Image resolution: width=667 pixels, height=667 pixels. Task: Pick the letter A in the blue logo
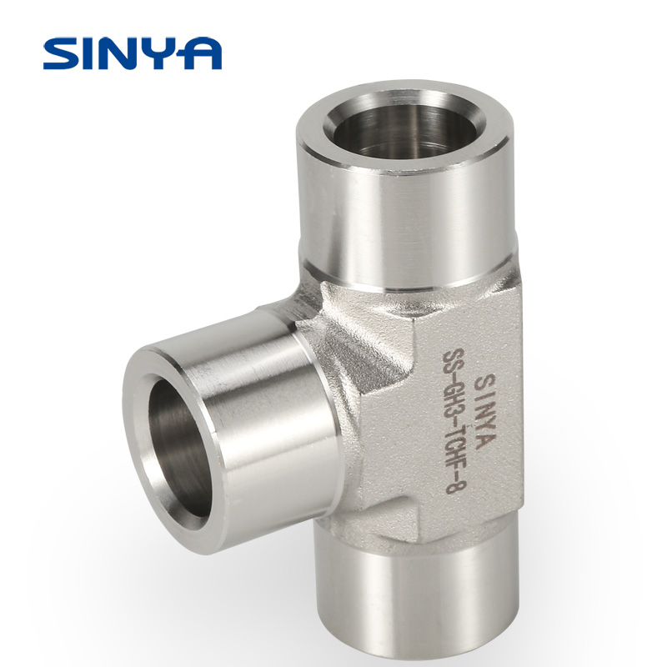tap(200, 53)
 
